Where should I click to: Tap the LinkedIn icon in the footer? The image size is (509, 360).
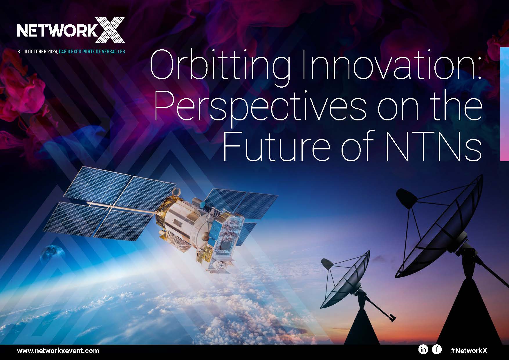tap(423, 350)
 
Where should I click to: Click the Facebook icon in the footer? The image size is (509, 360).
tap(437, 350)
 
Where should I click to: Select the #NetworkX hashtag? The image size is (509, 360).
tap(469, 350)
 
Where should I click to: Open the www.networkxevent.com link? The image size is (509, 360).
tap(58, 351)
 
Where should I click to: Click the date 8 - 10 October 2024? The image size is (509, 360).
tap(37, 52)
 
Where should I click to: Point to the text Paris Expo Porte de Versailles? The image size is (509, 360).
tap(92, 52)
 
